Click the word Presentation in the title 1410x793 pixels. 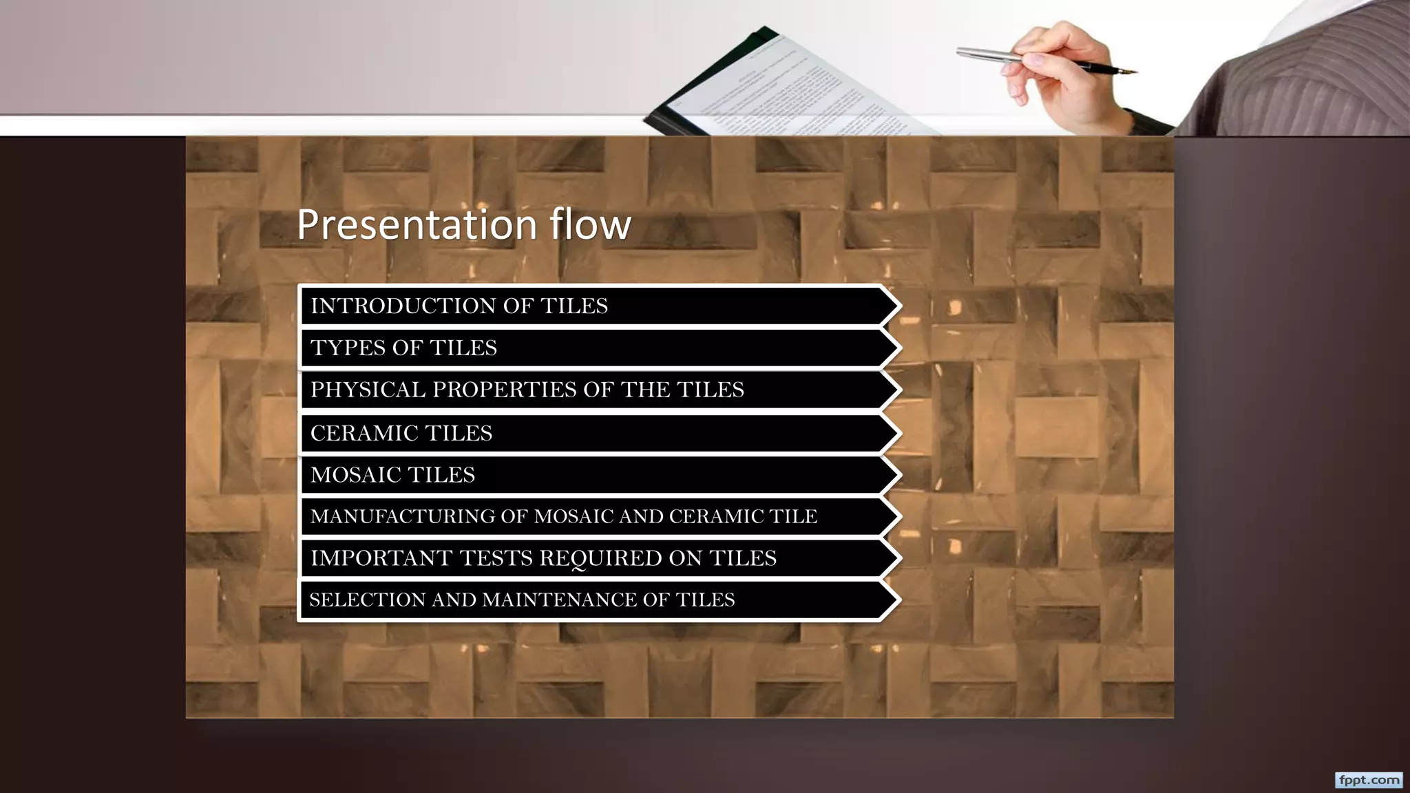point(417,225)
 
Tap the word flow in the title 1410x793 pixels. point(590,224)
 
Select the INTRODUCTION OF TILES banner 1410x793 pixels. point(592,306)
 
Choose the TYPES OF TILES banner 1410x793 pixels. point(592,348)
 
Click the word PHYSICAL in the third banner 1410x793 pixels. point(368,390)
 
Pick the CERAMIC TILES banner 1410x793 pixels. point(592,433)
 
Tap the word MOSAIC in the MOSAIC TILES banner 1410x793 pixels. point(356,475)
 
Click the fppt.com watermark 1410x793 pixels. point(1369,780)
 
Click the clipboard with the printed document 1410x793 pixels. point(778,89)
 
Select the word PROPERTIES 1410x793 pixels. point(504,390)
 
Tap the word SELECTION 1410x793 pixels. point(368,600)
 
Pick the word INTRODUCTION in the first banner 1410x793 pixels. point(403,306)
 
